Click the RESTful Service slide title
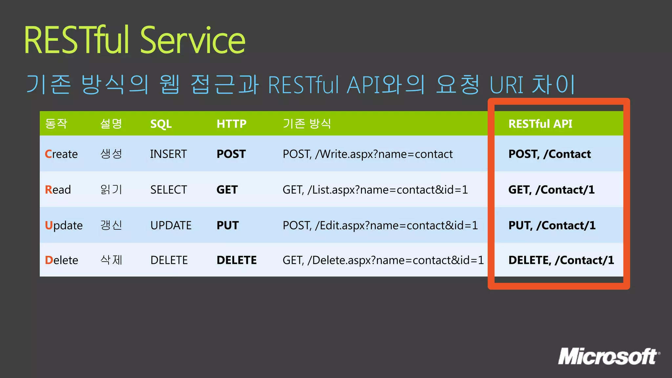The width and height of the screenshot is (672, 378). (x=135, y=41)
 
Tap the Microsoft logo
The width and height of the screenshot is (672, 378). (x=609, y=357)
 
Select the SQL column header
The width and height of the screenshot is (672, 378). (x=161, y=124)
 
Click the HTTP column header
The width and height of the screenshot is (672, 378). (x=231, y=124)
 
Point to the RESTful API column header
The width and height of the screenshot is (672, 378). (x=540, y=124)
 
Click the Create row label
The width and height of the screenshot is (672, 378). (x=61, y=154)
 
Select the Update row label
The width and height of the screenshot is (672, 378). (x=64, y=225)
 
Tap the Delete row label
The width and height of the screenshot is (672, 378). (x=61, y=260)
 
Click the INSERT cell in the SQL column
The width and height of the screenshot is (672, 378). (x=168, y=154)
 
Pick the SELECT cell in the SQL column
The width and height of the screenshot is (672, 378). (x=169, y=190)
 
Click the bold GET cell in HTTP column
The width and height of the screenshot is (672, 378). (x=227, y=190)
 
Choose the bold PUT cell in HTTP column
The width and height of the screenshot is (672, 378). (x=228, y=225)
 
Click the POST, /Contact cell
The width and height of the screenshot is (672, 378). (x=550, y=154)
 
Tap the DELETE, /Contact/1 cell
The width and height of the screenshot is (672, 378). (x=561, y=260)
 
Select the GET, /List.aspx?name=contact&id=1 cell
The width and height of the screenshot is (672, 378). (x=375, y=190)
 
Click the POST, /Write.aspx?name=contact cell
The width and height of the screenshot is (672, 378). (x=367, y=154)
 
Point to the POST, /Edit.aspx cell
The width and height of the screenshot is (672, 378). (x=380, y=225)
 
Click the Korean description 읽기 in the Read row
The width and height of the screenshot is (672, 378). (x=111, y=189)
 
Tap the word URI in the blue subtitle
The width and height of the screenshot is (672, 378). (x=506, y=85)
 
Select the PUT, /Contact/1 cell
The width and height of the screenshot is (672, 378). (x=552, y=225)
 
